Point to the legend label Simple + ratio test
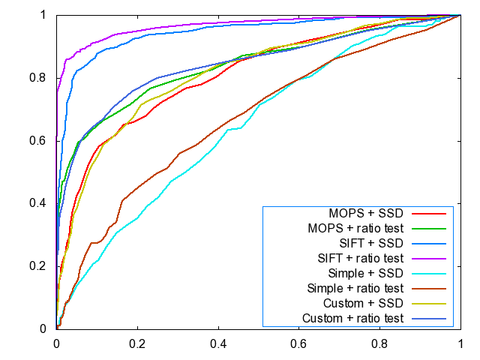(x=356, y=288)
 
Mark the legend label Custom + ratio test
(x=353, y=319)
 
